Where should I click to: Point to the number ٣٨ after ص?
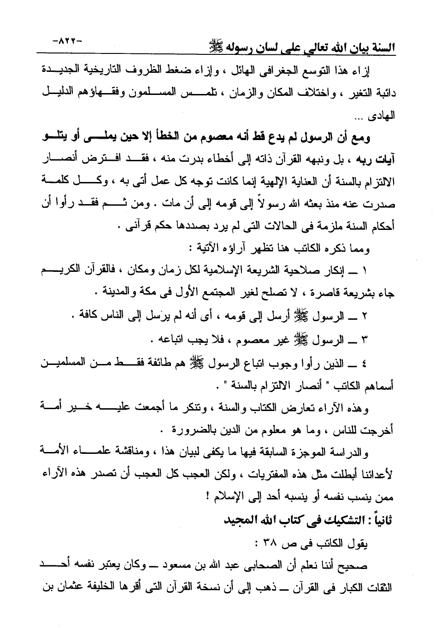(x=269, y=543)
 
